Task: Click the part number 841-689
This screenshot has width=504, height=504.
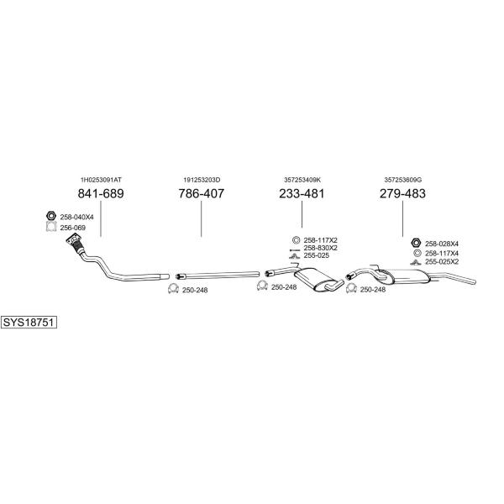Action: click(x=101, y=193)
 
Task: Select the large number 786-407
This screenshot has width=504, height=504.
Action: click(x=202, y=193)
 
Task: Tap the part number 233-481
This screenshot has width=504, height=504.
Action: click(x=302, y=193)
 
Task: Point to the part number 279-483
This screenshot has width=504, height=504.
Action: click(x=402, y=193)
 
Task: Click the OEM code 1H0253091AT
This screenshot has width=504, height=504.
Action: click(x=101, y=180)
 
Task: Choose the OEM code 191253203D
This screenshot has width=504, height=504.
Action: click(x=202, y=180)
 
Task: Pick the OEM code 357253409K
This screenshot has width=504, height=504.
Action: click(x=302, y=180)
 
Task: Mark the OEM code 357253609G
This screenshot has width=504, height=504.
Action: click(x=402, y=180)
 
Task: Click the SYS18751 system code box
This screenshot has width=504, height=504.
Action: click(x=29, y=322)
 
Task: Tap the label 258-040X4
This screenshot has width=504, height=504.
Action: click(x=76, y=218)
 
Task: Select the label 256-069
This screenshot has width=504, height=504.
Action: click(x=72, y=228)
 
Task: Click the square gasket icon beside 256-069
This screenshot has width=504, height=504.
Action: click(x=51, y=227)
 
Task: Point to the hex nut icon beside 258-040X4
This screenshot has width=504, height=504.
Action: click(x=51, y=216)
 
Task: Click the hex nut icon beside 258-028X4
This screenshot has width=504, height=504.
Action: click(x=416, y=243)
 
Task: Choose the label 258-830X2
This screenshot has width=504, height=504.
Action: click(x=321, y=248)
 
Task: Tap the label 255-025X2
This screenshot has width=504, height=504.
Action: click(x=442, y=261)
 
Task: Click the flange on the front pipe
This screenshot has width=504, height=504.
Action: click(x=74, y=240)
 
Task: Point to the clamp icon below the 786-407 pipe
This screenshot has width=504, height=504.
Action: click(x=173, y=289)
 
